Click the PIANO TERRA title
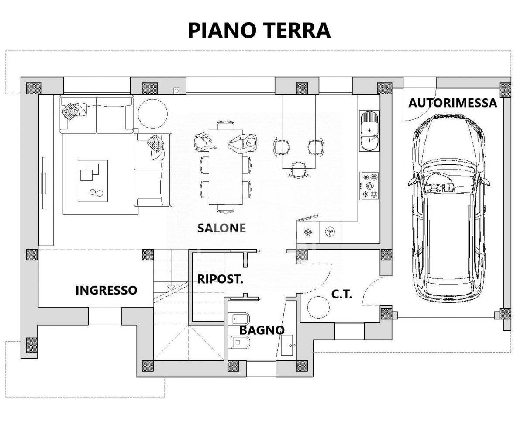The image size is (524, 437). (x=259, y=31)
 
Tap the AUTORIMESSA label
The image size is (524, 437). (x=452, y=103)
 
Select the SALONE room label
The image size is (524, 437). (x=221, y=228)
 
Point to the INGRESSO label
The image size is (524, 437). (x=106, y=290)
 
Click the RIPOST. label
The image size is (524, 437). (x=220, y=279)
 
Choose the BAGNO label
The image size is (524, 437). (x=262, y=330)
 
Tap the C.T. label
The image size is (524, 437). (x=341, y=294)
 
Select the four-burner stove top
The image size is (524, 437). (x=369, y=185)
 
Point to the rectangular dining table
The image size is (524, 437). (x=225, y=166)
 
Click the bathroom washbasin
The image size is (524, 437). (x=288, y=346)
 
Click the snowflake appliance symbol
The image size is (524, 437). (x=307, y=231)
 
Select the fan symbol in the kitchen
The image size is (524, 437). (x=330, y=231)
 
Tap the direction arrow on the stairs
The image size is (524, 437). (x=171, y=288)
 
